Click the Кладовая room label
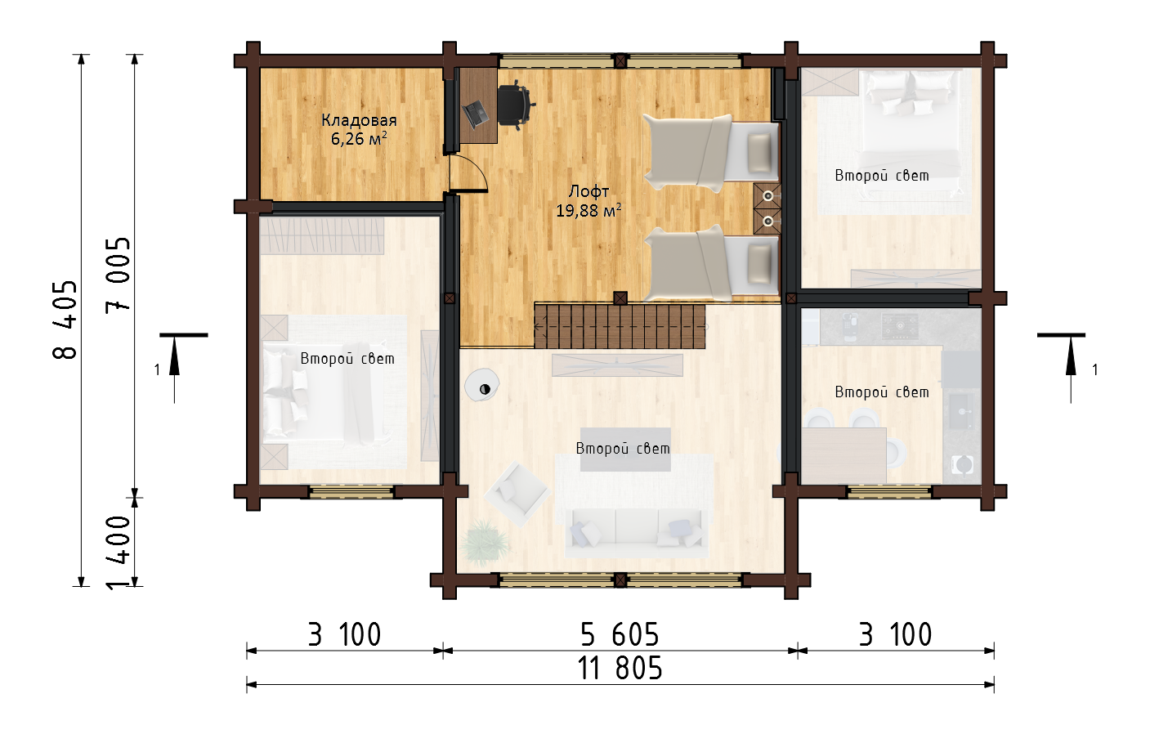click(359, 121)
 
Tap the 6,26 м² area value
click(359, 139)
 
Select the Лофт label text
click(588, 192)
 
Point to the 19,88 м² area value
click(588, 210)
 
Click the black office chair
click(516, 105)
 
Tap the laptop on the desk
click(476, 114)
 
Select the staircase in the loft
click(620, 326)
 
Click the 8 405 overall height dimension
click(65, 320)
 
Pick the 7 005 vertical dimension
click(118, 275)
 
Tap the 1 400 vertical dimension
click(118, 553)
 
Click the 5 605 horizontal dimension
click(620, 634)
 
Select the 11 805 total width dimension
click(620, 669)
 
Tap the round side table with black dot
click(482, 385)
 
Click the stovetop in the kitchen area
click(900, 325)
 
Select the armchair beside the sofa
click(518, 493)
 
